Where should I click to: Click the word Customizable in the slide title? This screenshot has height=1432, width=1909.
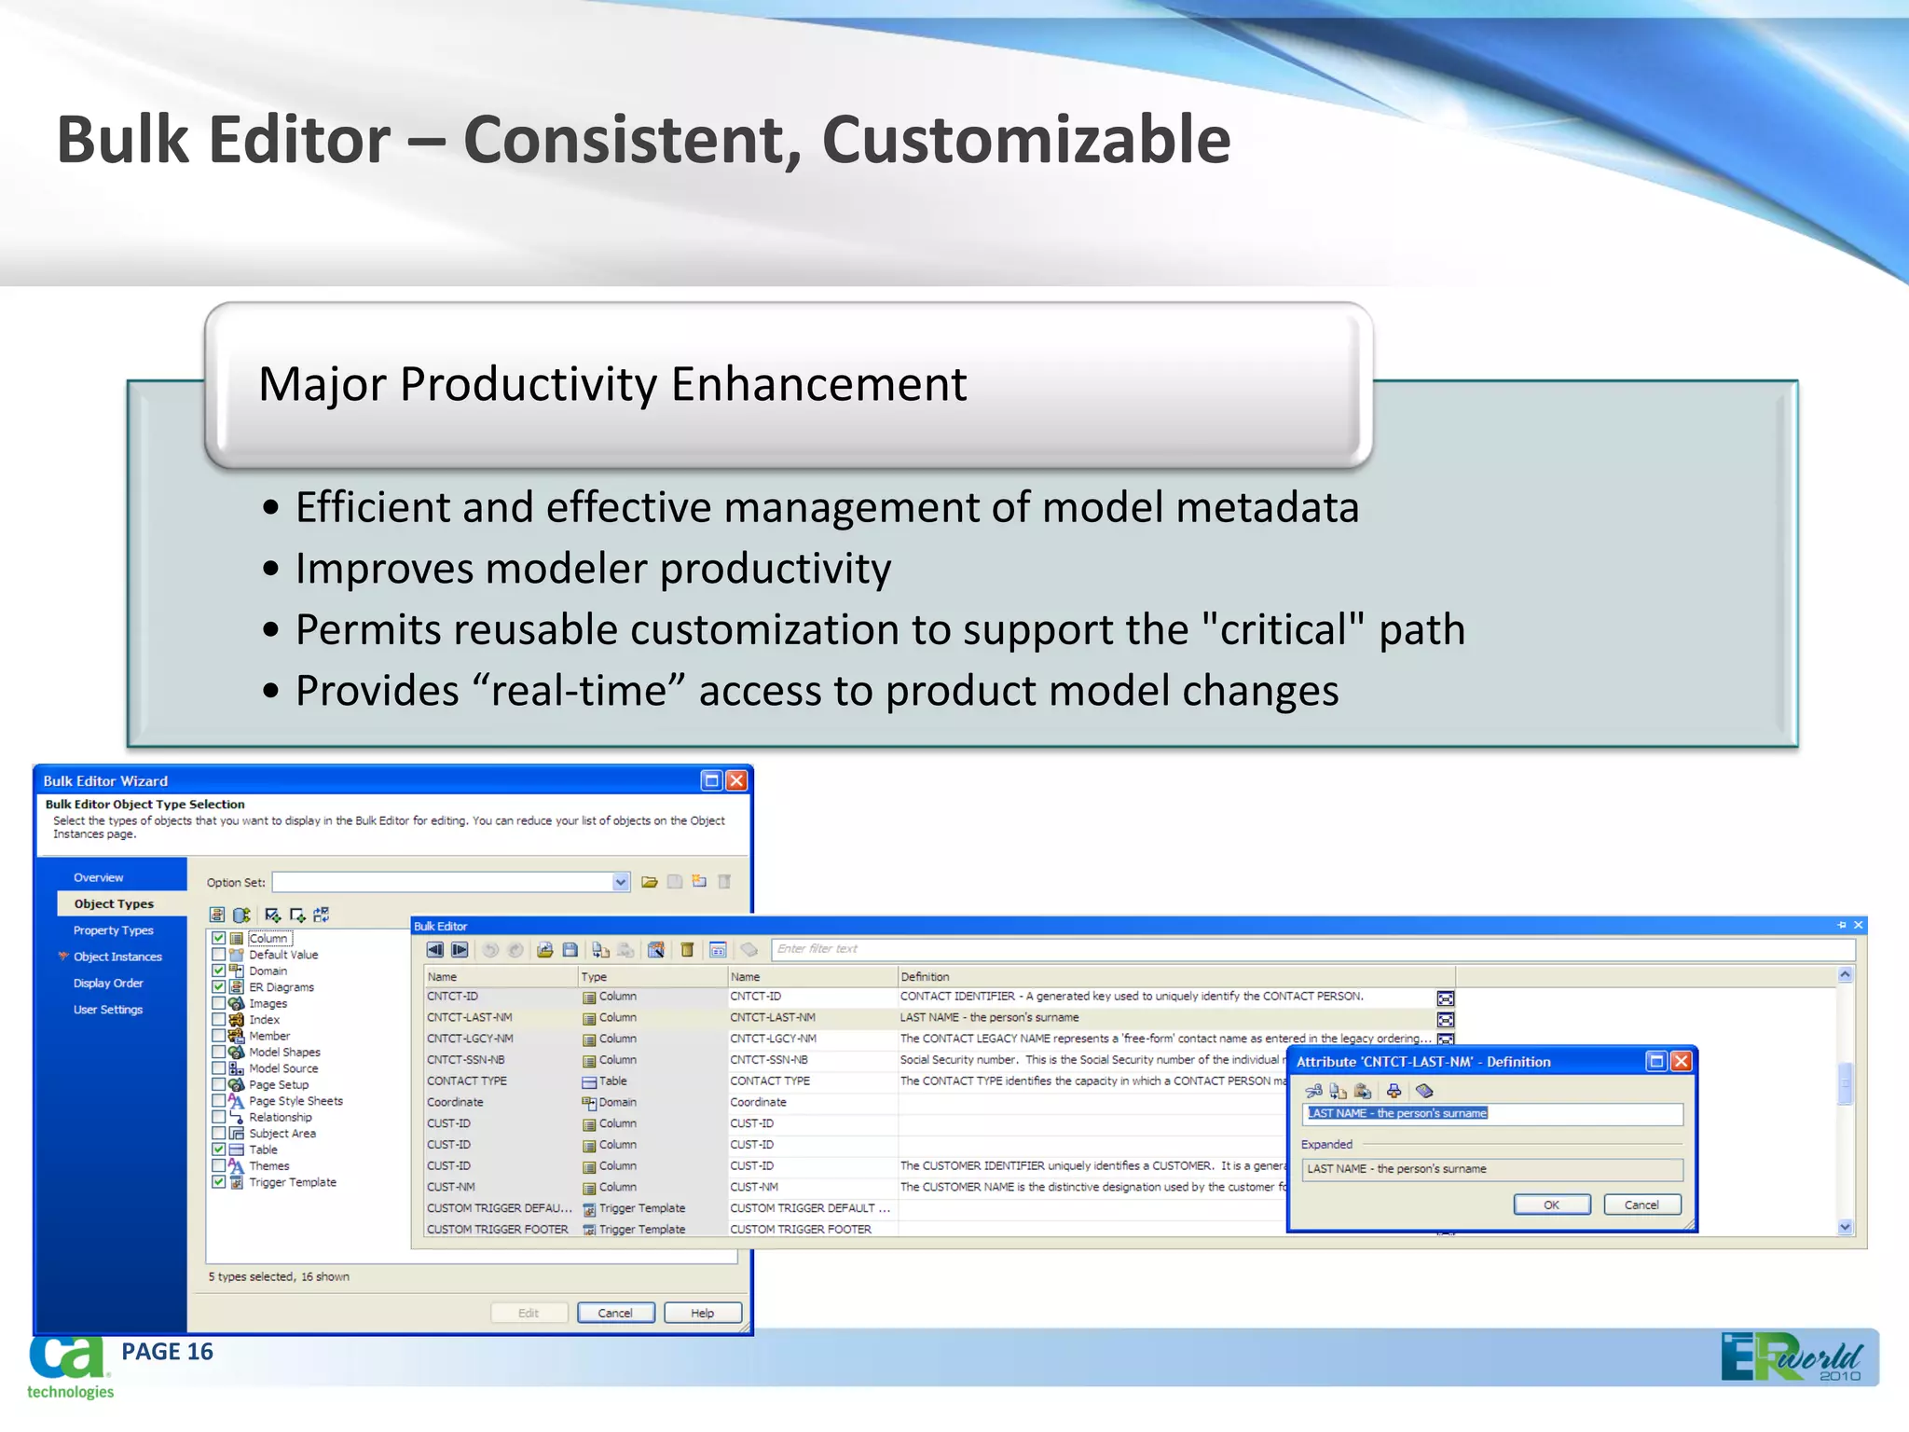click(1025, 140)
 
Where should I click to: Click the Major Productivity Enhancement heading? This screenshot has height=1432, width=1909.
click(612, 384)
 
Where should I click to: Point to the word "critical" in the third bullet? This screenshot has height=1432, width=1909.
click(1283, 629)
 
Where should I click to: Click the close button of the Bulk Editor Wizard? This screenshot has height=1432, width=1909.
click(736, 780)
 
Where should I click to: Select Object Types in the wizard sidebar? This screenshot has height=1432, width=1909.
click(114, 903)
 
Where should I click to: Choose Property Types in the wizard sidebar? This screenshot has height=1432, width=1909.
click(114, 930)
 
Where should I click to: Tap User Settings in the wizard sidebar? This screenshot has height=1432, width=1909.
click(108, 1010)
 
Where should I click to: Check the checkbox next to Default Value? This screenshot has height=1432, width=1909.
click(218, 955)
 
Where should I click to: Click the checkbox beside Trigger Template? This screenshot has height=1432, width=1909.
click(218, 1182)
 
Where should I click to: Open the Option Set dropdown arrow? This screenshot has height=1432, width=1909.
click(621, 882)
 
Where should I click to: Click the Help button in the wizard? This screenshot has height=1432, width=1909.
click(703, 1313)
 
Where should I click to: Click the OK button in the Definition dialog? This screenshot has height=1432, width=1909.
click(1551, 1205)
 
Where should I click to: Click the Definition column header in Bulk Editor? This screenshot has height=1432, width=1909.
click(925, 977)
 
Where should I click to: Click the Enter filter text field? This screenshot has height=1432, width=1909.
click(1305, 949)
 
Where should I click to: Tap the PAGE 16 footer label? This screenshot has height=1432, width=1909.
click(167, 1352)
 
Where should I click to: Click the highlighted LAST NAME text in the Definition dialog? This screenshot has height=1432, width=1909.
click(1397, 1113)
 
